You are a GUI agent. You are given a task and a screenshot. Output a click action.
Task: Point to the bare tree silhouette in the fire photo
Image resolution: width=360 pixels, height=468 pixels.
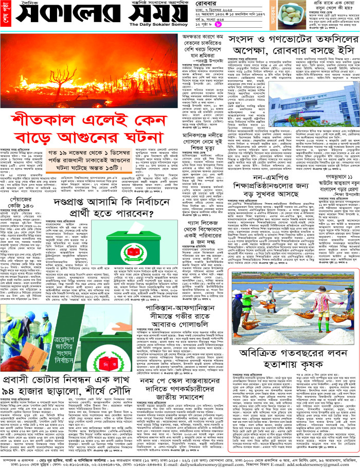pos(57,77)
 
